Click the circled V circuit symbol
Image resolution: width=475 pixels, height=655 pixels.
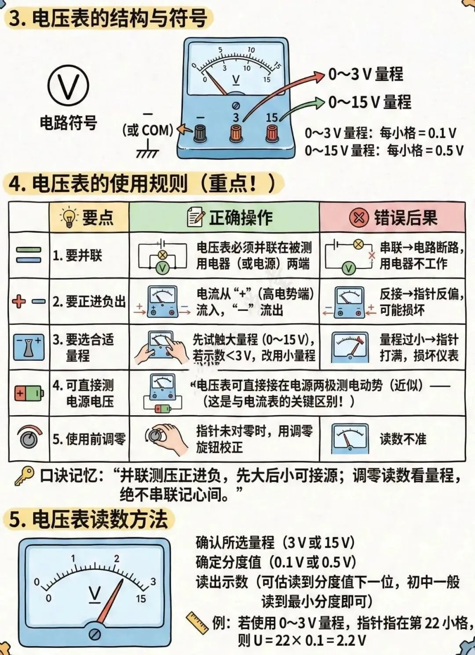point(68,86)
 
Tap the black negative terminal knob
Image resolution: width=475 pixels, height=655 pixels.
point(201,133)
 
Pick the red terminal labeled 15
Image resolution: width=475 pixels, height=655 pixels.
point(272,133)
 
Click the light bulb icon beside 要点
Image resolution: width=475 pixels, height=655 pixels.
point(69,217)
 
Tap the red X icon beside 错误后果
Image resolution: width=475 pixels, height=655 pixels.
point(359,217)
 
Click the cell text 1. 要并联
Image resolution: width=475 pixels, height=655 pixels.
point(77,255)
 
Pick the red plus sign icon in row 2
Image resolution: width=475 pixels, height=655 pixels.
point(18,302)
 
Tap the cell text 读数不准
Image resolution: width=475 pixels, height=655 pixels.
point(403,439)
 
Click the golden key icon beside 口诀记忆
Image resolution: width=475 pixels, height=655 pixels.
point(24,476)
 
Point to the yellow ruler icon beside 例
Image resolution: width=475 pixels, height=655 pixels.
point(197,624)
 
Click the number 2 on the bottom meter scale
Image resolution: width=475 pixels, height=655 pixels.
point(117,559)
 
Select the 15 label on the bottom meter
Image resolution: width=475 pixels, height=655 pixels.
point(141,599)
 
